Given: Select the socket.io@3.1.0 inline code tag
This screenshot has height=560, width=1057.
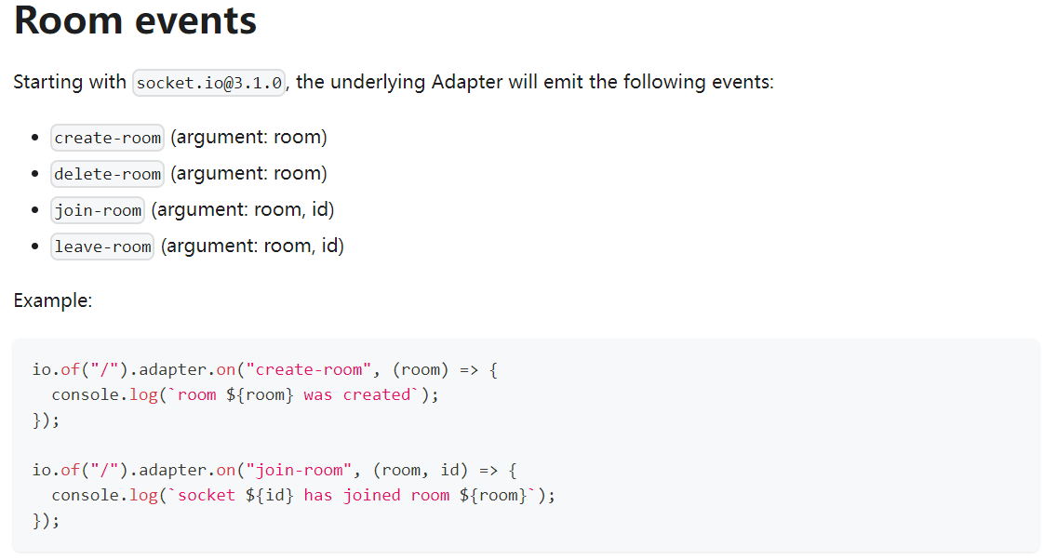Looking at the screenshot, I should tap(208, 83).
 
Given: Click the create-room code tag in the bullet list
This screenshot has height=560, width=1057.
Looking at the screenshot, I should tap(108, 138).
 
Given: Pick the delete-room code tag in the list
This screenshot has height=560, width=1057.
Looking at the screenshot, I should tap(108, 174).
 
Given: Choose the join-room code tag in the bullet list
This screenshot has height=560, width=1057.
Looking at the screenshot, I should tap(98, 210).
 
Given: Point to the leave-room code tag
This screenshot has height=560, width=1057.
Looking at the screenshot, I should tap(102, 247).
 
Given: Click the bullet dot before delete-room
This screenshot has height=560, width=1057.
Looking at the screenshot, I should tap(34, 174).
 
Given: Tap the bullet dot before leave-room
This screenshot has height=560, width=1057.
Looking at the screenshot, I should tap(34, 247).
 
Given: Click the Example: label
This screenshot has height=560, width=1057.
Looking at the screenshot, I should tap(52, 300).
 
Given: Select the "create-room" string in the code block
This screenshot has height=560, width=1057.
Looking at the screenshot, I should tap(309, 370).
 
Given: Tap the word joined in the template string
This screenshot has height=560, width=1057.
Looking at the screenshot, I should tap(372, 495).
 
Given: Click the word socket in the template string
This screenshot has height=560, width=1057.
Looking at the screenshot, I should tap(207, 495).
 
